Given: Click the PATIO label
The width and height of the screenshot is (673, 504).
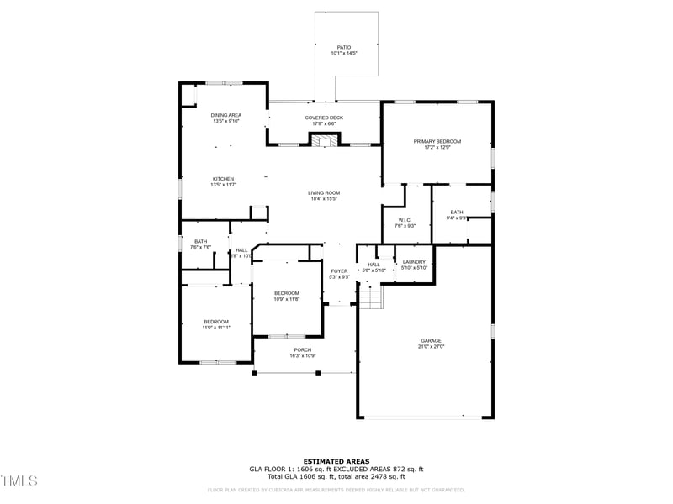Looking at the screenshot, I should tap(343, 47).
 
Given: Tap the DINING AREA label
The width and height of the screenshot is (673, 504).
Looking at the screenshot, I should tap(225, 115).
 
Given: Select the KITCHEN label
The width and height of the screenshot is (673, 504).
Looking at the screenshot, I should tap(223, 179).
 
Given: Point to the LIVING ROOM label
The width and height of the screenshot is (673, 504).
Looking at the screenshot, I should tap(324, 193).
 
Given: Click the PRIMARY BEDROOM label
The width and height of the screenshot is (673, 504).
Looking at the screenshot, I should tap(437, 141).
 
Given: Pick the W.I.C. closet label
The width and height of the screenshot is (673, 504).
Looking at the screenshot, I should tap(405, 220).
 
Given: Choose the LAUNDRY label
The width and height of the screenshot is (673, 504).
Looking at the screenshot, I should tap(414, 261).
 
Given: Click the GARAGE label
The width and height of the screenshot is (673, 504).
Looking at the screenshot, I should tap(431, 341).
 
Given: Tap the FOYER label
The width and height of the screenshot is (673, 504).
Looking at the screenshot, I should tap(339, 270).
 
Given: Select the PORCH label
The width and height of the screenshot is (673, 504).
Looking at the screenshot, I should tap(303, 349).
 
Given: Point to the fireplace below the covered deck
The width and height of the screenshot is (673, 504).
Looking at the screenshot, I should tap(324, 141).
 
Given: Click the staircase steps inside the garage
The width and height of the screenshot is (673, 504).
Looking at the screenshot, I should tap(371, 296).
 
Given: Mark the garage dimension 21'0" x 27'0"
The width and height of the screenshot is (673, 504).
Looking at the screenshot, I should tap(432, 346).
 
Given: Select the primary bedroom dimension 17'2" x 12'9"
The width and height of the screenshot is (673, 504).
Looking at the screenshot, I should tap(437, 147).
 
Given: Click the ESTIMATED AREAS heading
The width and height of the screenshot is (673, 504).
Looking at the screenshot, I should tap(336, 461).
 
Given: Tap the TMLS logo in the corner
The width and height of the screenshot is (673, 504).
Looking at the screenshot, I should tap(19, 480).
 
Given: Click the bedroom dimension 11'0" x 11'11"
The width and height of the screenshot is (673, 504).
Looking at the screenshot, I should tap(215, 328).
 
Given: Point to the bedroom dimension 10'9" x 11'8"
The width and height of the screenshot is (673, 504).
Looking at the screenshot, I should tap(286, 299).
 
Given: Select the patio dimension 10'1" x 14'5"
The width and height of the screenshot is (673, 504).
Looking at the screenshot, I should tap(343, 53).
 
